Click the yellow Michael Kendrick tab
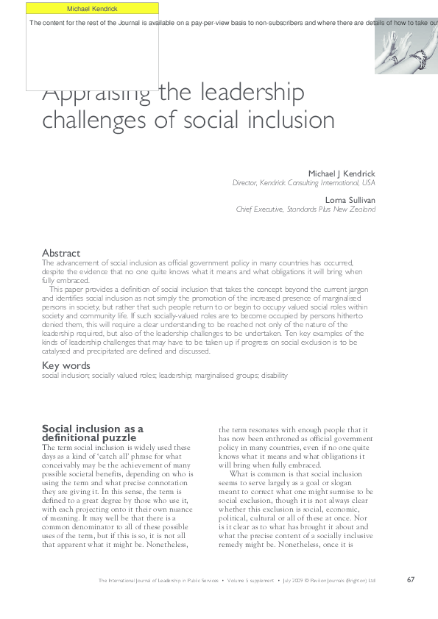[92, 8]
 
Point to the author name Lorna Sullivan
[350, 199]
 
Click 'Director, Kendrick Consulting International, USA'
[303, 183]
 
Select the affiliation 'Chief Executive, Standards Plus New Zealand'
[305, 209]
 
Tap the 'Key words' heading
[66, 365]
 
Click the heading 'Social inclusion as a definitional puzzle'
[92, 433]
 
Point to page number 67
[411, 579]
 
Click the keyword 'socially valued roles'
[121, 376]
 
